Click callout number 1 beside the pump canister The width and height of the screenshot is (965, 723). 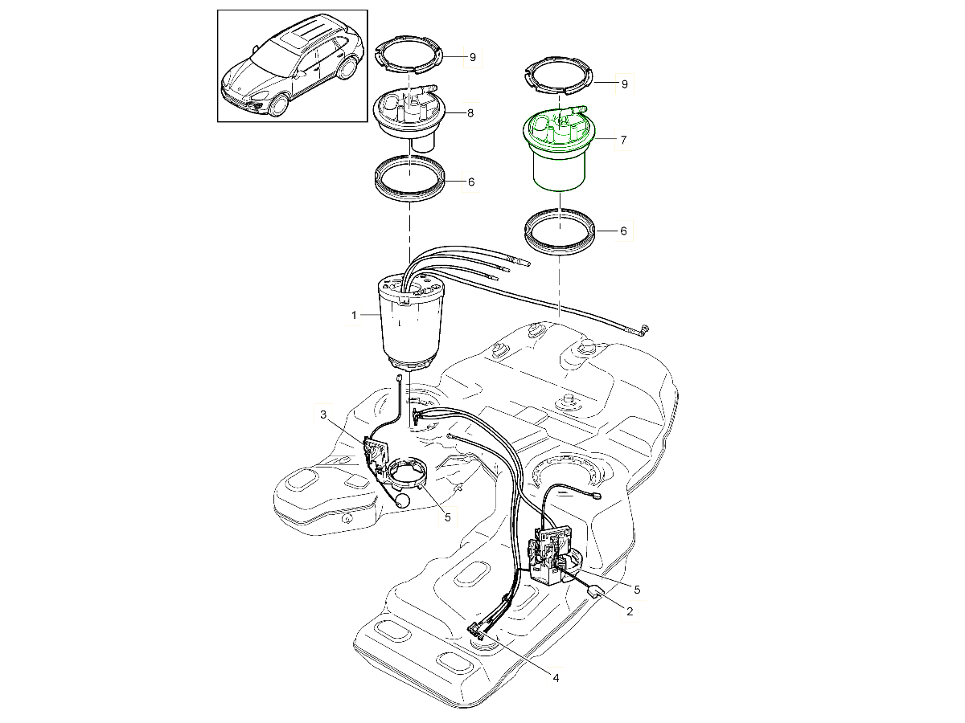click(x=353, y=316)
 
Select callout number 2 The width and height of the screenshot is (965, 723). click(x=629, y=611)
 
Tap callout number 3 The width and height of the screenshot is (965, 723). click(x=323, y=415)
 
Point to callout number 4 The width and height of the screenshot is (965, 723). click(x=555, y=677)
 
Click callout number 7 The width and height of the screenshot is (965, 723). click(x=622, y=140)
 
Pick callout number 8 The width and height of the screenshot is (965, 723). click(x=470, y=113)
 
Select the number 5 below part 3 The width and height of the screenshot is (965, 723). click(x=448, y=517)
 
